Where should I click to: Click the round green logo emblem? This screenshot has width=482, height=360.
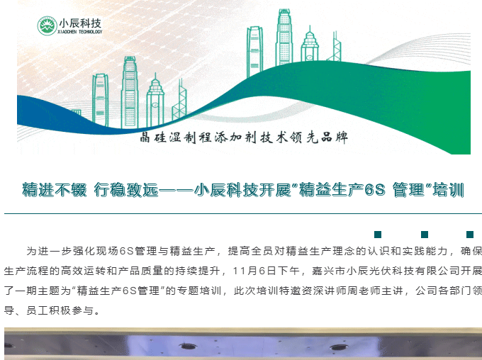[x=47, y=26]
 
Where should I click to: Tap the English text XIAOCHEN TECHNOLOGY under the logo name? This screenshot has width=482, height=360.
[x=80, y=32]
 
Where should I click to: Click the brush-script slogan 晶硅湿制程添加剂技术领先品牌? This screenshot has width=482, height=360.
[x=244, y=137]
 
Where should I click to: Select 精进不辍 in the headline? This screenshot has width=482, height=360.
[x=55, y=190]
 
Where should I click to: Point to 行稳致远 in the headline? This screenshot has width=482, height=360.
[x=126, y=190]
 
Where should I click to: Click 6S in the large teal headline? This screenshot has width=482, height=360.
[x=375, y=190]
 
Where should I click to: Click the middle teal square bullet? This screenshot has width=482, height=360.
[x=425, y=235]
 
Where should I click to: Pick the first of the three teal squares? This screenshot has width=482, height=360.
[x=378, y=235]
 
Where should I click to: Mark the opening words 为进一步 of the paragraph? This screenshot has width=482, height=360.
[x=49, y=251]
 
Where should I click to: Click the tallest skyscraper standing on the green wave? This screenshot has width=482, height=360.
[x=284, y=37]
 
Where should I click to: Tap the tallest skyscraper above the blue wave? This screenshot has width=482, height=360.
[x=130, y=92]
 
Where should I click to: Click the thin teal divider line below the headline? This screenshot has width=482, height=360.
[x=243, y=213]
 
